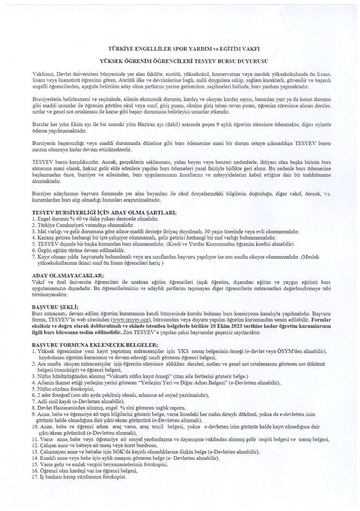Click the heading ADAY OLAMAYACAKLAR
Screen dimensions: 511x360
[65, 276]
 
